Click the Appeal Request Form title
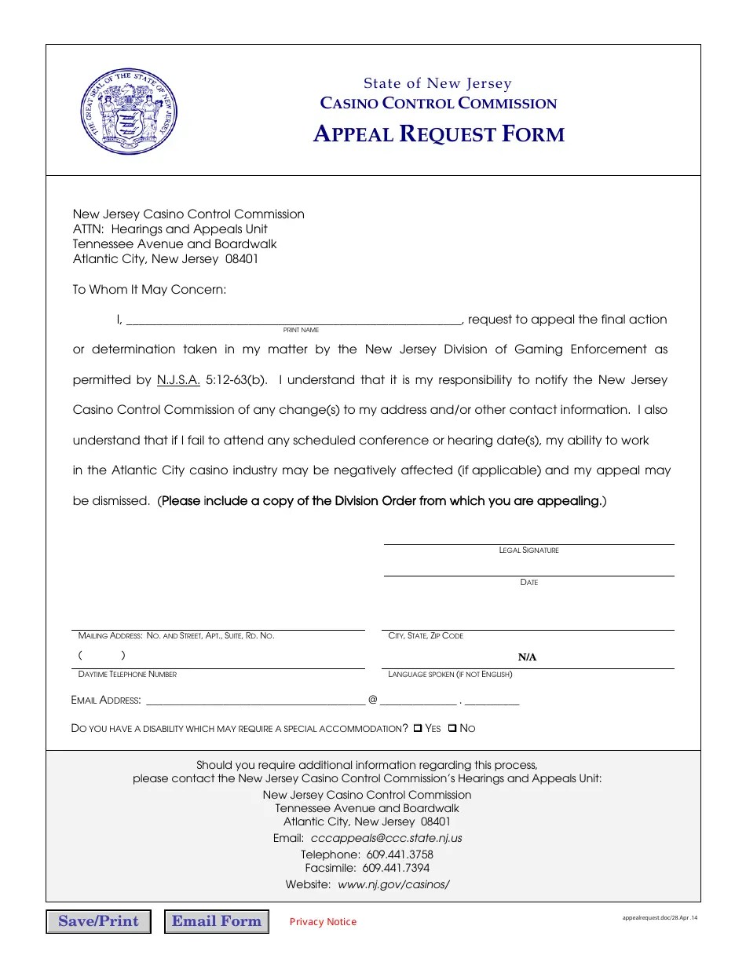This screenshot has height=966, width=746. tap(438, 134)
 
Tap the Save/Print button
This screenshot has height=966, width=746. tap(98, 921)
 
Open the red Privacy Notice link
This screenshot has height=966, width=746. tap(323, 922)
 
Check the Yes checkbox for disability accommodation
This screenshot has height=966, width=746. tap(418, 729)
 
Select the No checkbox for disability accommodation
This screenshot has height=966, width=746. tap(452, 729)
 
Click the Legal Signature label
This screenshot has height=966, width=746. tap(528, 551)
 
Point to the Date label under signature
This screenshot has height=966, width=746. tap(528, 583)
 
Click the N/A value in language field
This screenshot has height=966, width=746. tap(527, 657)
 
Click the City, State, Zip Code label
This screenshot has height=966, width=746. tap(426, 636)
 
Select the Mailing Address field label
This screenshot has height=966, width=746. tap(176, 636)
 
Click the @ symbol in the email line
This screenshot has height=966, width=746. tap(372, 700)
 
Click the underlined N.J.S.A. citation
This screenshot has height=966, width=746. tap(178, 380)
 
